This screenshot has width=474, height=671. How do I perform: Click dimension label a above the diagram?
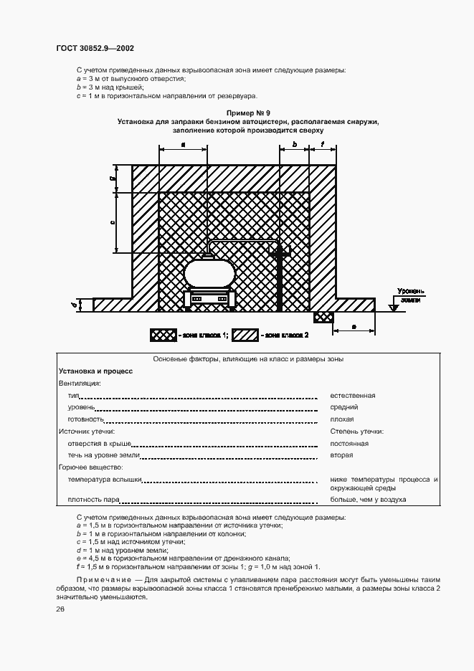click(x=184, y=145)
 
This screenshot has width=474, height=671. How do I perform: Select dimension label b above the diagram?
click(x=294, y=145)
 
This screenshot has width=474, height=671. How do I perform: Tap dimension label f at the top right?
click(x=323, y=145)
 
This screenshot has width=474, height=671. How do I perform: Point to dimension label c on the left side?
click(x=113, y=223)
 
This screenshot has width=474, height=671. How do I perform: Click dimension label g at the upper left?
click(x=113, y=179)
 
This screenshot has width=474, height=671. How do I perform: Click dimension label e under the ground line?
click(x=354, y=326)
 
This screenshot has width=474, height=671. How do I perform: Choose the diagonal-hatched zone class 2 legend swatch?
click(x=245, y=335)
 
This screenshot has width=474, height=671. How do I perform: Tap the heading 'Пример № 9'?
click(x=247, y=113)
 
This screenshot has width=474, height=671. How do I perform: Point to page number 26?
click(x=60, y=609)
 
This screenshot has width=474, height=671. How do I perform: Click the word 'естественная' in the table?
click(x=353, y=395)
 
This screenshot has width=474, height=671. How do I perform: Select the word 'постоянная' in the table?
click(x=349, y=444)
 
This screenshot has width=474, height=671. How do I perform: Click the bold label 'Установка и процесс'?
click(x=95, y=371)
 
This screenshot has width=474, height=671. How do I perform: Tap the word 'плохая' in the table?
click(x=342, y=419)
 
